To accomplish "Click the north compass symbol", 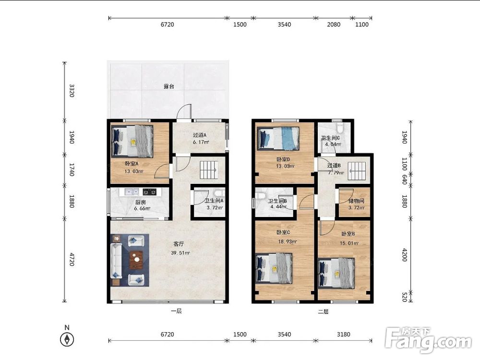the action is coord(67,339).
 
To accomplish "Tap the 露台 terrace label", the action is coord(168,86).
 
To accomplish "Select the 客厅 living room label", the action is coord(179,244).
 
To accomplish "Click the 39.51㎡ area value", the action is coord(180,253).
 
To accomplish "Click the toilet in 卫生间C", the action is coord(339,126).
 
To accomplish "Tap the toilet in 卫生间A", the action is coord(218,193).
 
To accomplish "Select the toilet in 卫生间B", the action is coord(261,195).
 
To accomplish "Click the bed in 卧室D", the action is coord(278,139).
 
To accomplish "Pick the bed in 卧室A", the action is coord(133,142).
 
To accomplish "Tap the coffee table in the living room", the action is coord(136,260).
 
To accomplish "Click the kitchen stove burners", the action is coord(150,192).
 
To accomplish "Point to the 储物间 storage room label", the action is coord(356,201).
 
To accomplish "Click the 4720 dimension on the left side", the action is coord(72,259).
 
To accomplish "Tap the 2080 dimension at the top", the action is coord(334,24).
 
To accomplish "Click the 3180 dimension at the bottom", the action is coord(344,334).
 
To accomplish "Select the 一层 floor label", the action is coord(176,311).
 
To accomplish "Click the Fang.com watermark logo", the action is coord(428,339).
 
